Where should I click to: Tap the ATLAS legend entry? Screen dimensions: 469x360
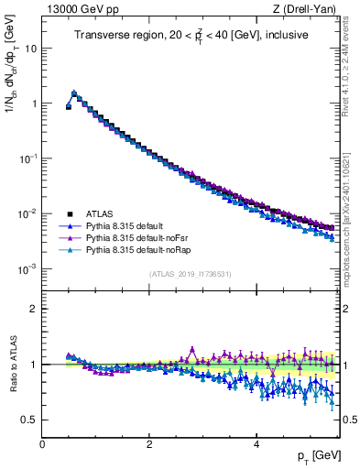tap(100, 213)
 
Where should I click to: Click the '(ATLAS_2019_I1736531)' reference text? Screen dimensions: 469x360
tap(191, 274)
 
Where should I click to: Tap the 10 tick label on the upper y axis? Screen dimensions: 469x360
tap(30, 48)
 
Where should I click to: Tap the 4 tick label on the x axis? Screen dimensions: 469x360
tap(256, 444)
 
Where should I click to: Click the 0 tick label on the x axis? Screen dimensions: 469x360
tap(43, 444)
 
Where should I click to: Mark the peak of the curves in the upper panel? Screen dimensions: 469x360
tap(74, 93)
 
